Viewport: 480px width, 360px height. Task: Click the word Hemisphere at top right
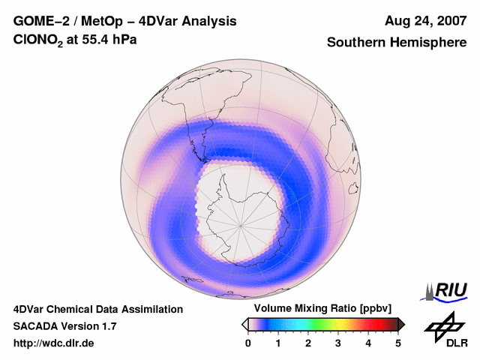(429, 43)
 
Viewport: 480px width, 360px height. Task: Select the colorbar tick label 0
(248, 343)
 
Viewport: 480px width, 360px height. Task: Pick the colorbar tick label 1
(278, 343)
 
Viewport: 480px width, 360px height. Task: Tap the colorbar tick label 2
(308, 343)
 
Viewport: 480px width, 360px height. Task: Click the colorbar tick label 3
(338, 343)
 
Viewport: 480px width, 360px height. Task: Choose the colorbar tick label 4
(368, 343)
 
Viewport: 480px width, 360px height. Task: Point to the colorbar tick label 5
(398, 343)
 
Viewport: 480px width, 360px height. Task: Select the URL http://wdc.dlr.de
(54, 343)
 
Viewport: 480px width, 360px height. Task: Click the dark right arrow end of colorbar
(401, 324)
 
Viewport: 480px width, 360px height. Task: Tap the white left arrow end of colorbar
(245, 324)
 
